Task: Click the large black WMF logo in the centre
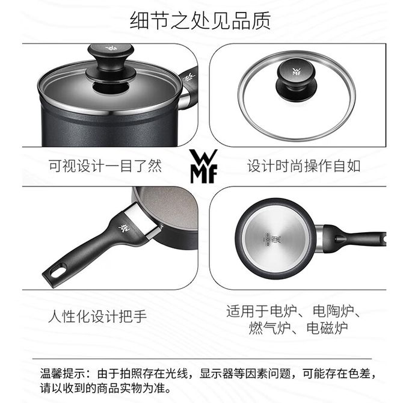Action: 203,166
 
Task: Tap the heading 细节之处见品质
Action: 200,20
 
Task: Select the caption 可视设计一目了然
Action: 105,166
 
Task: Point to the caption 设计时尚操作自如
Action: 304,166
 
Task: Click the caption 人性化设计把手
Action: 97,316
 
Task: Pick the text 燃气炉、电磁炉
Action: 298,328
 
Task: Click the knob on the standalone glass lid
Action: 296,79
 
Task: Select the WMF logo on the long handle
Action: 124,227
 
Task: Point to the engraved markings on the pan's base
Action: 273,239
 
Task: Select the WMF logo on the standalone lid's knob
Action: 297,72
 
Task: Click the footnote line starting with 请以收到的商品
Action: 106,388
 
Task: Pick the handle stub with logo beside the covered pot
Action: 188,88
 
